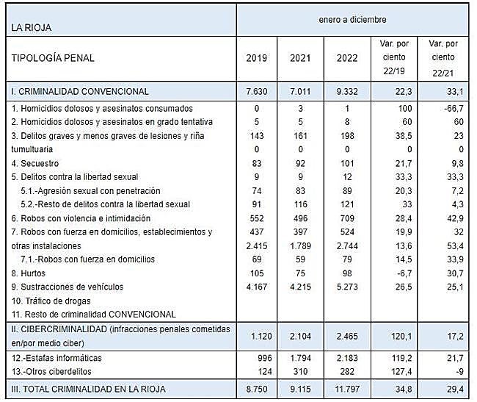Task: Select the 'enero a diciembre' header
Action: tap(352, 19)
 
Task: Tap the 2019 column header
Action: tap(256, 58)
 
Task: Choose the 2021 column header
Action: tap(300, 58)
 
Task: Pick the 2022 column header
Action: tap(345, 58)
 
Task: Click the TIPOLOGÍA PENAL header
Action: tap(52, 58)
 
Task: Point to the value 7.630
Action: tap(256, 92)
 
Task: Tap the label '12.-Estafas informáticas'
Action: tap(59, 358)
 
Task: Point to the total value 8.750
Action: tap(256, 388)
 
